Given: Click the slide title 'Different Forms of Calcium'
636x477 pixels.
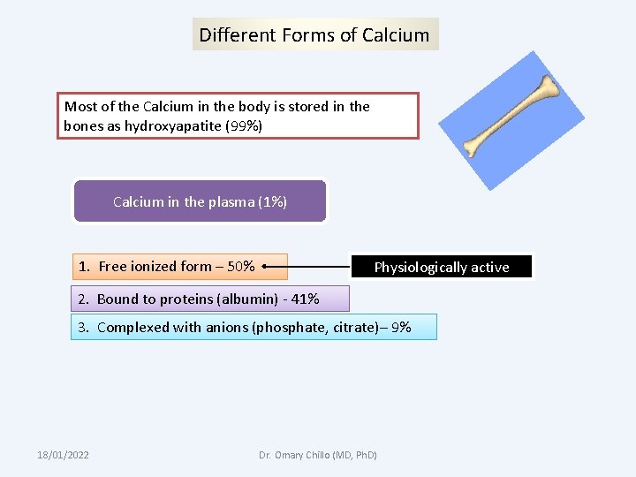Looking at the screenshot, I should click(314, 35).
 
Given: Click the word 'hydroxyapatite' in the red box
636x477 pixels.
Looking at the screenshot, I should click(172, 125).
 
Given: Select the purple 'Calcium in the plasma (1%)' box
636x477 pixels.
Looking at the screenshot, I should click(200, 201).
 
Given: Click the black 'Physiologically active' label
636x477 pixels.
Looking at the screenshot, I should click(442, 267).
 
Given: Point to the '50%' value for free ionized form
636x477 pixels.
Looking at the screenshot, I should click(241, 266).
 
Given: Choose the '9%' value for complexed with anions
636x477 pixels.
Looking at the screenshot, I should click(401, 327).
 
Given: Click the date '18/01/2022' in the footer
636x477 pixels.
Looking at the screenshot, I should click(63, 455).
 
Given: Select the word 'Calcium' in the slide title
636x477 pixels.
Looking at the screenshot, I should click(396, 35).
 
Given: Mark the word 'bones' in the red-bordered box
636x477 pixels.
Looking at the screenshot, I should click(82, 125).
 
